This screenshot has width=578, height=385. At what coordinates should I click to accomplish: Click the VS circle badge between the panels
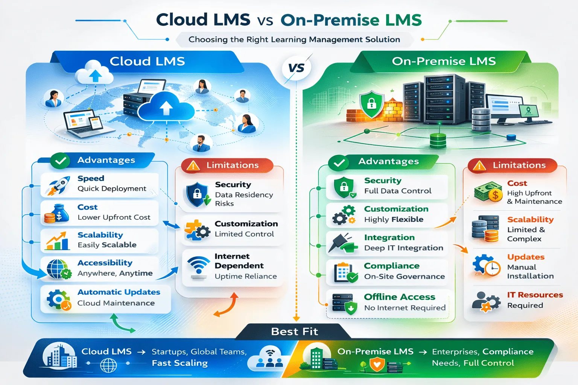[296, 68]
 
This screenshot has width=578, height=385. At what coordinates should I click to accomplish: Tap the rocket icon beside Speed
[58, 185]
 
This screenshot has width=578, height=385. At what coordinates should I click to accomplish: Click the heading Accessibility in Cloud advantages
[105, 263]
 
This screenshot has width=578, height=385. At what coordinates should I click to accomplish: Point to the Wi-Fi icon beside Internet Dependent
[198, 267]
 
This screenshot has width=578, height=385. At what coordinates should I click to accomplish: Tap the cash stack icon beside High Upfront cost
[488, 192]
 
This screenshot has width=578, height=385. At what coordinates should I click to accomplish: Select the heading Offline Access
[399, 297]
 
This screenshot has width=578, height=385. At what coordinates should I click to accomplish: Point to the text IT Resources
[535, 295]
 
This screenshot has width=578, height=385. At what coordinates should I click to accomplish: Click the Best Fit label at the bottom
[294, 332]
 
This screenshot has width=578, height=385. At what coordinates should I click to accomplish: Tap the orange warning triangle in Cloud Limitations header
[193, 165]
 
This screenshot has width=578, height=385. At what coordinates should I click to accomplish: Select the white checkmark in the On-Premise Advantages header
[339, 163]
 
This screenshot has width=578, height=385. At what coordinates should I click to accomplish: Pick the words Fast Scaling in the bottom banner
[179, 363]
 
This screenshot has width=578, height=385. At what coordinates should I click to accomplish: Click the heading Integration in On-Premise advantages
[389, 238]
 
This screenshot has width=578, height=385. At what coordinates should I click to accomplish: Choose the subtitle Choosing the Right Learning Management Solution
[294, 39]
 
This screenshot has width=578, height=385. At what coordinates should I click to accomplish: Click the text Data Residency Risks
[243, 199]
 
